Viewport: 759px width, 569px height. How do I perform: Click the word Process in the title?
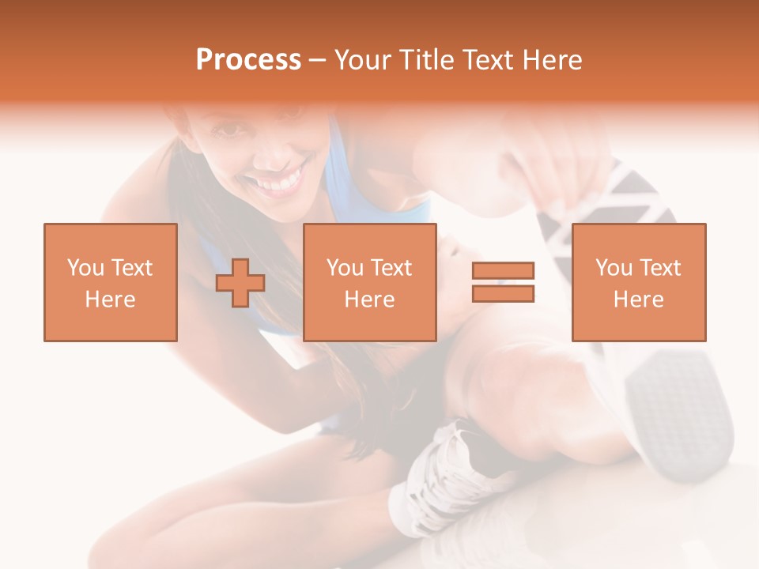(248, 60)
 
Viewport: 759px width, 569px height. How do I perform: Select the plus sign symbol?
(240, 283)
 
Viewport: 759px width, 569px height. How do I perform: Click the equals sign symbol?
(503, 282)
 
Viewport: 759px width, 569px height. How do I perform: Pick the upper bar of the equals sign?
(503, 271)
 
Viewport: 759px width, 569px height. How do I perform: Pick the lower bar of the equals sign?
(503, 293)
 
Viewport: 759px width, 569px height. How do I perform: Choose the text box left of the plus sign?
(110, 282)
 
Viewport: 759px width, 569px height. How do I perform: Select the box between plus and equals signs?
(369, 282)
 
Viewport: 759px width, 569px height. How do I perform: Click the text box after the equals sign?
(638, 282)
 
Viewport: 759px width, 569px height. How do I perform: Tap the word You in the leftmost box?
(84, 268)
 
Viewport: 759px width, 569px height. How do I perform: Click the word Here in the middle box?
(369, 300)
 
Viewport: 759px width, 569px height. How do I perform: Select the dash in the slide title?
(317, 60)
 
